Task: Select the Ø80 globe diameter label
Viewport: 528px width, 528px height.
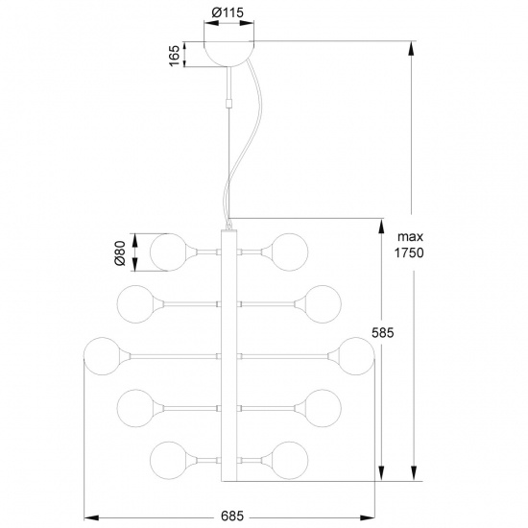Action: click(120, 252)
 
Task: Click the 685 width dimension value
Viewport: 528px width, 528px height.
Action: click(228, 516)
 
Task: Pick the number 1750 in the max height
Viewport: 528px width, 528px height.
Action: click(408, 253)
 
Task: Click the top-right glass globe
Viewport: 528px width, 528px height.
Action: click(290, 252)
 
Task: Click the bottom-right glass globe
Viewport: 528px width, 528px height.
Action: click(290, 459)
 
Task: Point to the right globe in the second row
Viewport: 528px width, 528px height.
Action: click(323, 303)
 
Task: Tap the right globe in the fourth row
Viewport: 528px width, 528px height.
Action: click(323, 407)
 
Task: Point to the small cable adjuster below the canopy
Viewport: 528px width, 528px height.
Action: click(228, 99)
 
